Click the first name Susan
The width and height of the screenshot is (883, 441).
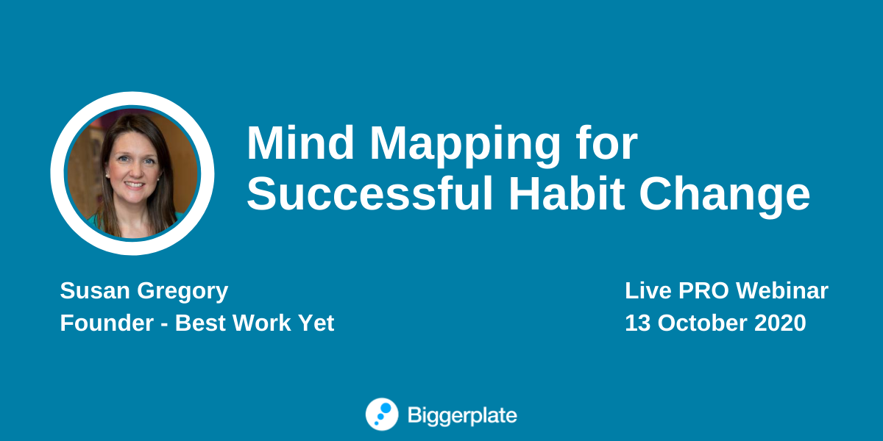point(95,290)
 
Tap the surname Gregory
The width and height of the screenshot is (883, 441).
point(182,293)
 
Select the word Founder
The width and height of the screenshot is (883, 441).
point(107,323)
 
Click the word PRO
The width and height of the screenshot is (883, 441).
point(703,290)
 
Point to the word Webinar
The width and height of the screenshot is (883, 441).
point(782,290)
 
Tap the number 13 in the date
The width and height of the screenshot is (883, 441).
point(637,323)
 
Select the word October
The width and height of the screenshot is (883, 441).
point(702,323)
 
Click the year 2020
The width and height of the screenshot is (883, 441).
point(780,323)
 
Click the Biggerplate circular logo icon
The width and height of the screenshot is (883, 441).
point(382,415)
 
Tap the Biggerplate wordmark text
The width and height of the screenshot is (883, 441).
point(462,416)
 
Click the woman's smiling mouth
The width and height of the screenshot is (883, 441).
point(135,184)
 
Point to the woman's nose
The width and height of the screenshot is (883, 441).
point(133,171)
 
